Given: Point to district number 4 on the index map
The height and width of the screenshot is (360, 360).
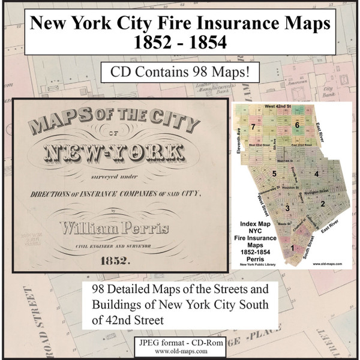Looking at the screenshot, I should click(316, 173).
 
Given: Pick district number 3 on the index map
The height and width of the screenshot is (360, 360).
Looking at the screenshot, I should click(287, 208).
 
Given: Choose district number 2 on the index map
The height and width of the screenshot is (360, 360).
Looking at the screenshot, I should click(322, 204).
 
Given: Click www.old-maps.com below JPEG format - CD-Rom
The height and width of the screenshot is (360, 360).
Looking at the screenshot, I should click(179, 351).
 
